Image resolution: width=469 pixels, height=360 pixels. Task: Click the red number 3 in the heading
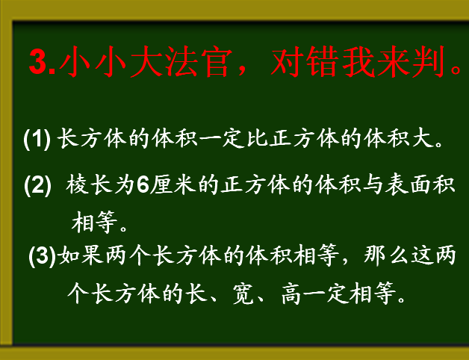tap(38, 62)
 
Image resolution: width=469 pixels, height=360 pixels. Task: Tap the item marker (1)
tap(37, 139)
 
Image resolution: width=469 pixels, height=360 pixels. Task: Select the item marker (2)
tap(37, 185)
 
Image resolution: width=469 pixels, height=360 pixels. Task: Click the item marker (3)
tap(42, 256)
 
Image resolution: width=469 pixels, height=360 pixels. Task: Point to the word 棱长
tap(89, 185)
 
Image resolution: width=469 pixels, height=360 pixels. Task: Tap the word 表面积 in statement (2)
tap(420, 185)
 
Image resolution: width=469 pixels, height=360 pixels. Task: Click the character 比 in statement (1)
tap(257, 139)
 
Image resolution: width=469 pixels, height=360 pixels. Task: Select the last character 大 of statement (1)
tap(423, 139)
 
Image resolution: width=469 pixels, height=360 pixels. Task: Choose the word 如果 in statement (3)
tap(81, 256)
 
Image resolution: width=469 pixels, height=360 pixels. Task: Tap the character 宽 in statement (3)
tap(242, 293)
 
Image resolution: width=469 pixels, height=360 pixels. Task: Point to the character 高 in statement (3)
tap(291, 293)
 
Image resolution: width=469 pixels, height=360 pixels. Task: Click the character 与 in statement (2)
tap(373, 185)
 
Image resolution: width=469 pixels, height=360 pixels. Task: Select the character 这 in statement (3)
tap(422, 256)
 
